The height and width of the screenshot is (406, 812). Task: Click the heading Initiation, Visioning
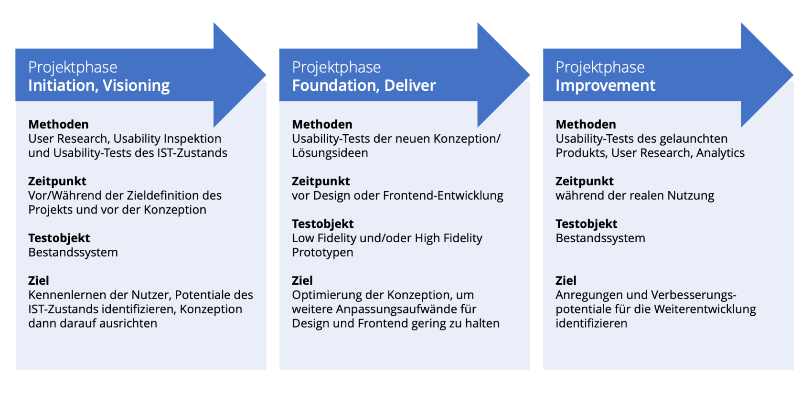(99, 85)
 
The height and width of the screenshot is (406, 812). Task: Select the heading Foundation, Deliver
(363, 85)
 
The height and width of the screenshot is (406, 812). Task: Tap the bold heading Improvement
(605, 85)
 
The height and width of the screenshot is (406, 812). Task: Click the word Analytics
(720, 153)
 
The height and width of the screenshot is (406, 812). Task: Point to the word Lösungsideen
(330, 153)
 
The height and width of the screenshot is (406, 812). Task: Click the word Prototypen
(322, 252)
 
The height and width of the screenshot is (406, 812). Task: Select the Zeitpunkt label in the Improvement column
(584, 181)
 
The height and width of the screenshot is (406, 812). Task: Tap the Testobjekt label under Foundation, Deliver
(322, 224)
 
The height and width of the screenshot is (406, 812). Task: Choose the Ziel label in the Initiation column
(38, 280)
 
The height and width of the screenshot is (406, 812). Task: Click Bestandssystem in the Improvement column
(600, 238)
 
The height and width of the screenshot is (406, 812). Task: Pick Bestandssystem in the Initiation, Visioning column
(73, 252)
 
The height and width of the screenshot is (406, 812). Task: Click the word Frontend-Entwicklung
(443, 196)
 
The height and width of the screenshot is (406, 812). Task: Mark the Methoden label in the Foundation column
(322, 124)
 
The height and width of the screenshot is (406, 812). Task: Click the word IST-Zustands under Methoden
(192, 153)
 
